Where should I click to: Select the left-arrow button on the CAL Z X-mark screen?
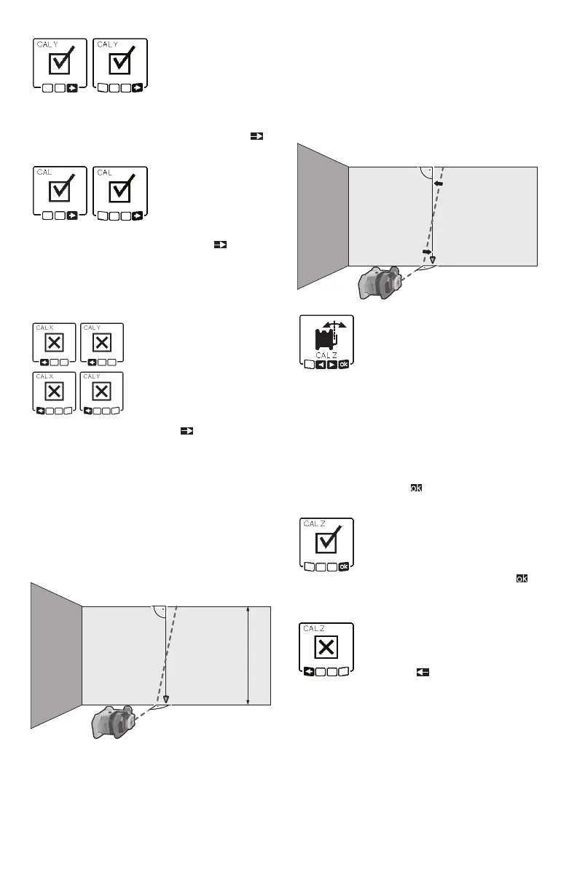point(309,672)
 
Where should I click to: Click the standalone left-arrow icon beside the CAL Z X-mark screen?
point(421,673)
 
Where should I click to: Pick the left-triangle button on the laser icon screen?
point(321,364)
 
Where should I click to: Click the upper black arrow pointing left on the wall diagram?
point(439,185)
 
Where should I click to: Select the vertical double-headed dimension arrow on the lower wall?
point(248,655)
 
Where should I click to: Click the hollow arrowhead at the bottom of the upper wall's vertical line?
point(433,260)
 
